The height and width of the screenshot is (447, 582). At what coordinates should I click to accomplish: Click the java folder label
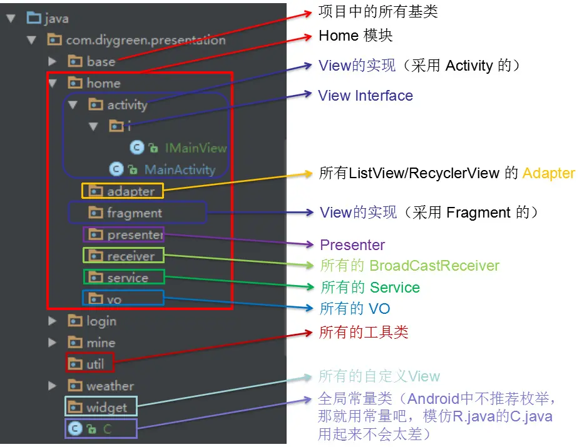(x=57, y=19)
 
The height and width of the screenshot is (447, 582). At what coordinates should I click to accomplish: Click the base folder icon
(x=75, y=61)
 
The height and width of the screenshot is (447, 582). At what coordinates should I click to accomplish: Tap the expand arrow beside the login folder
(x=53, y=321)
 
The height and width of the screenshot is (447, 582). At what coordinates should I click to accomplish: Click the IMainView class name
(x=195, y=148)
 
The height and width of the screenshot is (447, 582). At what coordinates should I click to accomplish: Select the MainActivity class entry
(x=180, y=169)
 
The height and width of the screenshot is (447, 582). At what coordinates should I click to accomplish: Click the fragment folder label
(x=135, y=213)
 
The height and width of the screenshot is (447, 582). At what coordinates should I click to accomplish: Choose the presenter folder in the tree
(x=135, y=235)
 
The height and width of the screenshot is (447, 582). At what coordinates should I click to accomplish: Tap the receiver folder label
(x=130, y=256)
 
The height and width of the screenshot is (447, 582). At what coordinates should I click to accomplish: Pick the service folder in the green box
(x=128, y=278)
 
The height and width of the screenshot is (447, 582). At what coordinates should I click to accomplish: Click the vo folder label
(x=114, y=300)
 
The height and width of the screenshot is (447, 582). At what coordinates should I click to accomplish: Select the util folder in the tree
(x=95, y=364)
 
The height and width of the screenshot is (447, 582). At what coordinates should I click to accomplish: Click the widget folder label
(x=106, y=408)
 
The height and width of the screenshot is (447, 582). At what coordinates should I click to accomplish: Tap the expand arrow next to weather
(x=53, y=386)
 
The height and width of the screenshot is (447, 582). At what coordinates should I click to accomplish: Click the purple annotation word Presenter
(x=352, y=245)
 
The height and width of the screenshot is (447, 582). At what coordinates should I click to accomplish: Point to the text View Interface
(x=365, y=96)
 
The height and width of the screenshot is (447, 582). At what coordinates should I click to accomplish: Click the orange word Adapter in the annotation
(x=548, y=173)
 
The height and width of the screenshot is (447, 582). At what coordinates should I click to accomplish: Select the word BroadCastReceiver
(x=434, y=266)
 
